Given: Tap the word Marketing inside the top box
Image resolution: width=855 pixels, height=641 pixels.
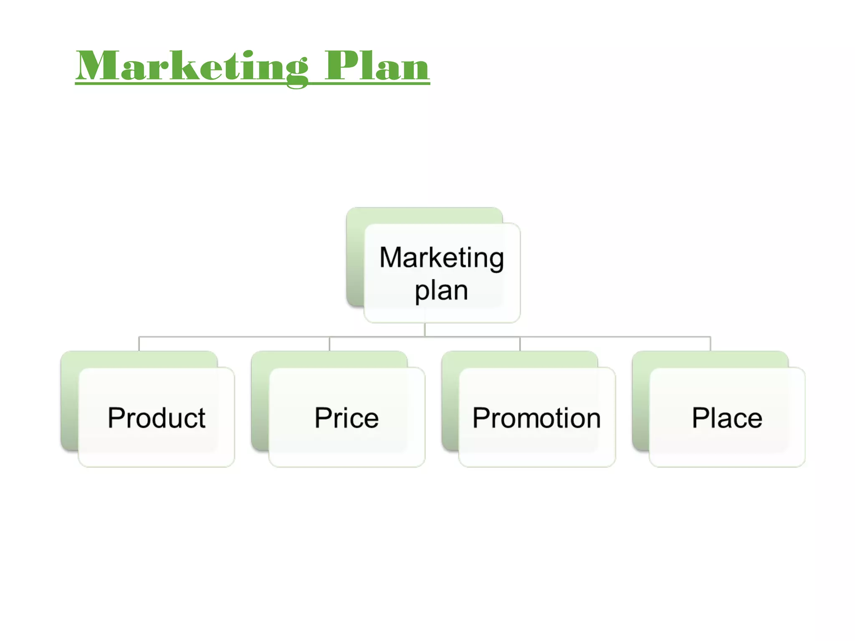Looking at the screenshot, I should (442, 257).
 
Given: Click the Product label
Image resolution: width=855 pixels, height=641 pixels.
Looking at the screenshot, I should (157, 417).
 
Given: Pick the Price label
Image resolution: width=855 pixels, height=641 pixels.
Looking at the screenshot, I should (347, 417).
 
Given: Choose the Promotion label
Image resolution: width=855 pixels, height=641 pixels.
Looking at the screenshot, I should (536, 417).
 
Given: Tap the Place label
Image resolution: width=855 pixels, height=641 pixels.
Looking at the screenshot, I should (727, 417).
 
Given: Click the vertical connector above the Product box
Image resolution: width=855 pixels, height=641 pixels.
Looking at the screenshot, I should (139, 343).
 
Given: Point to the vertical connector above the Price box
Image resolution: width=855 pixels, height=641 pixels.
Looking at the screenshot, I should (329, 343).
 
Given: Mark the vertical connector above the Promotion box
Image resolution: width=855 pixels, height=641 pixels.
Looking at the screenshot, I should (520, 343).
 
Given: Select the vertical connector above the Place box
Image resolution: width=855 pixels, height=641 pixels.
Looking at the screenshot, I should (710, 343).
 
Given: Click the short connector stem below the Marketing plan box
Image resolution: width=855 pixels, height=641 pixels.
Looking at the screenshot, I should (425, 329).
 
